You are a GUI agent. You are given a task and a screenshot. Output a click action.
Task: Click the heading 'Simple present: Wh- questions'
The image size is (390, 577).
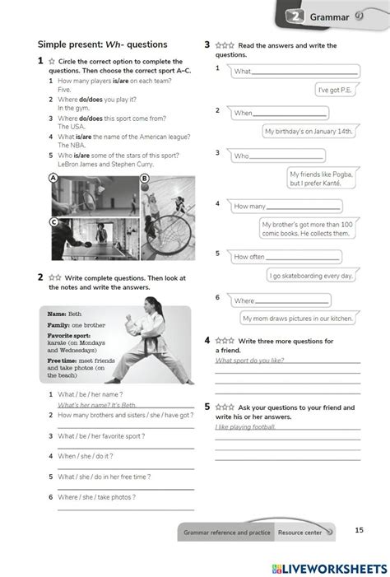pyautogui.click(x=102, y=44)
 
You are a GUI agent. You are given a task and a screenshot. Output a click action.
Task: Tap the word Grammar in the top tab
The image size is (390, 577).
pyautogui.click(x=329, y=16)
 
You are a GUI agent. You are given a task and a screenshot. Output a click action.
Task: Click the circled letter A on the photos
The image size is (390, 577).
pyautogui.click(x=53, y=178)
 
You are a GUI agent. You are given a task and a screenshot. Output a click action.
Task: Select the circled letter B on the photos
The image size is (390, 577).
pyautogui.click(x=144, y=178)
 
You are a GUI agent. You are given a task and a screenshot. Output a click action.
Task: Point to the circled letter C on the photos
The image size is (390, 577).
pyautogui.click(x=53, y=221)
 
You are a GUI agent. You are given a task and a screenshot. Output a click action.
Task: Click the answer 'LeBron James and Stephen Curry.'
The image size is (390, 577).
pyautogui.click(x=104, y=164)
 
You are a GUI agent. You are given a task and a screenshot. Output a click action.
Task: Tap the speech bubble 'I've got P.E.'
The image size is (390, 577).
pyautogui.click(x=334, y=90)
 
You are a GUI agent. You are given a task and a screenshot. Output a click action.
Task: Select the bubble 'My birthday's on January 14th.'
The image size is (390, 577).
pyautogui.click(x=309, y=131)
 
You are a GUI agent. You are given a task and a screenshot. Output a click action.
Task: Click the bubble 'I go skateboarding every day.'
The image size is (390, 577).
pyautogui.click(x=311, y=276)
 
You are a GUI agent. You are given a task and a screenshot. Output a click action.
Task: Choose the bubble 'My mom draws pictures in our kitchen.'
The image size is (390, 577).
pyautogui.click(x=297, y=318)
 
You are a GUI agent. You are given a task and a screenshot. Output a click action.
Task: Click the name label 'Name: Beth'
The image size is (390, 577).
pyautogui.click(x=64, y=314)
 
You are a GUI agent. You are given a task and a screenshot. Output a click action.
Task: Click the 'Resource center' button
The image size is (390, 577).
pyautogui.click(x=301, y=533)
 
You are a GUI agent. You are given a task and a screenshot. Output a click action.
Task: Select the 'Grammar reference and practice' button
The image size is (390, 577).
pyautogui.click(x=227, y=533)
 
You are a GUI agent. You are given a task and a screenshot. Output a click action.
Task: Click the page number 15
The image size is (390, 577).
pyautogui.click(x=359, y=530)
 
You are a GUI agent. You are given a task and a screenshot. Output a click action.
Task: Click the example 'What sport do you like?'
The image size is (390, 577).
pyautogui.click(x=250, y=360)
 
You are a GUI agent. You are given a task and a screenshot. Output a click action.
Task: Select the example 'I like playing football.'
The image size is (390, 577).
pyautogui.click(x=246, y=427)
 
